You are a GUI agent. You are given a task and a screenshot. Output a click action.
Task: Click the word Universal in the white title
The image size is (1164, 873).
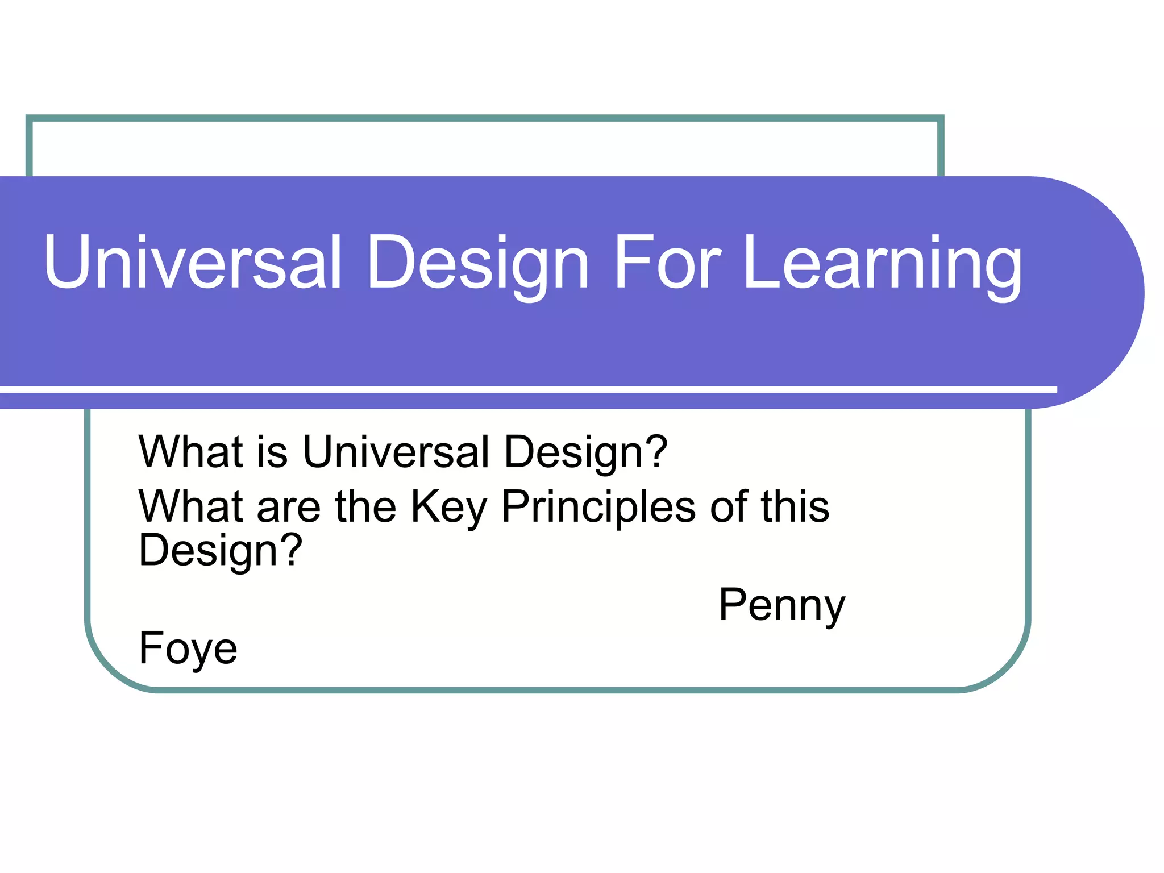pos(193,263)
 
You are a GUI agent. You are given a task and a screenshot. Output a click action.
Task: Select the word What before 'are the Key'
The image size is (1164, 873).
pos(191,506)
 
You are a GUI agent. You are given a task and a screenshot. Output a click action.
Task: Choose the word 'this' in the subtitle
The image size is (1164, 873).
pos(795,506)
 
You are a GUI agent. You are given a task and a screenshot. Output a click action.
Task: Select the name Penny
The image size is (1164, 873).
pos(781,606)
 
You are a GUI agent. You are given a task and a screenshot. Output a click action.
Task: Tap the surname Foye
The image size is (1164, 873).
pos(188,648)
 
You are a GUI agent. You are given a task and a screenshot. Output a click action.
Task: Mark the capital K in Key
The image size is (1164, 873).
pos(425,506)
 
